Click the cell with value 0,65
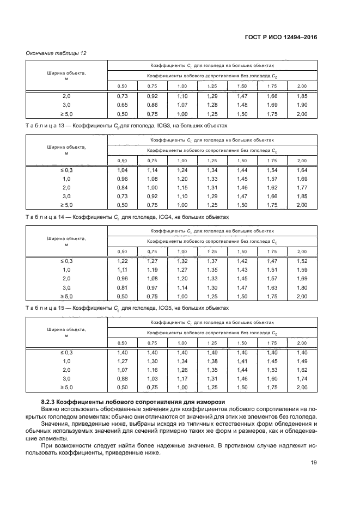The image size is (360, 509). click(x=123, y=105)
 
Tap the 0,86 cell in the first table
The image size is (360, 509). click(x=152, y=105)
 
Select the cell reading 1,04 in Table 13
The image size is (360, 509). click(x=123, y=170)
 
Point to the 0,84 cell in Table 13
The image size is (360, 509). click(x=123, y=188)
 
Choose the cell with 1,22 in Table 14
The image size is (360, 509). click(x=123, y=262)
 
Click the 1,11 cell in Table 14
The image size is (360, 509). click(x=123, y=271)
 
